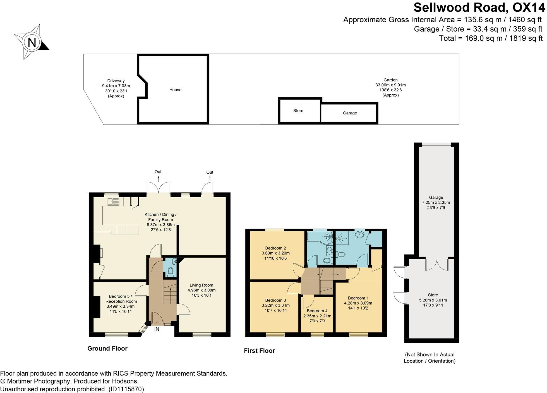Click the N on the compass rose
[x=32, y=43]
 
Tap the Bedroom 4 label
[x=317, y=311]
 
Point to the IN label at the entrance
[x=157, y=329]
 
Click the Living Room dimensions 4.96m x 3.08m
[x=201, y=290]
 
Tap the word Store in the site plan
[x=298, y=111]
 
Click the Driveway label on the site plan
[x=116, y=81]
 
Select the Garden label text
[x=390, y=80]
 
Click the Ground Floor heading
[x=107, y=348]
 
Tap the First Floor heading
[x=259, y=351]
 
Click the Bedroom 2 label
[x=275, y=248]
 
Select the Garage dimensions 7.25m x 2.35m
[x=436, y=203]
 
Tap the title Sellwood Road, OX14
[x=479, y=8]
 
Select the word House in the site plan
[x=175, y=90]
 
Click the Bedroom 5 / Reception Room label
[x=121, y=299]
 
